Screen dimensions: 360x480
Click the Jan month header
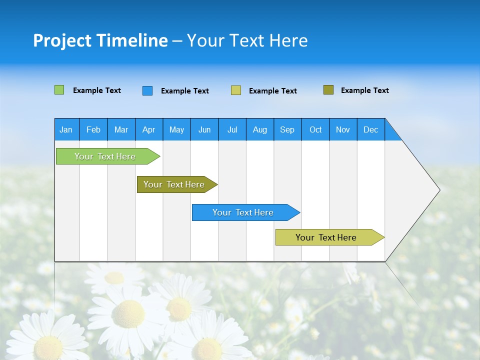66,129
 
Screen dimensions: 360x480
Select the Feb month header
93,129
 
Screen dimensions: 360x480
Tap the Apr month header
148,129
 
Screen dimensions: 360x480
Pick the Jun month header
204,129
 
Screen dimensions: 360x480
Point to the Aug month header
259,129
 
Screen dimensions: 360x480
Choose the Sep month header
287,129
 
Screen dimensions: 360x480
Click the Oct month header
315,129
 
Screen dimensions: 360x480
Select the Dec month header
370,129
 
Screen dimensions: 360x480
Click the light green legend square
59,90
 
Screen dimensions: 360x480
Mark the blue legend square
147,90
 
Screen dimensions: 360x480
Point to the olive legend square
328,90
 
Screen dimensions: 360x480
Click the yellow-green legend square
236,90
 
